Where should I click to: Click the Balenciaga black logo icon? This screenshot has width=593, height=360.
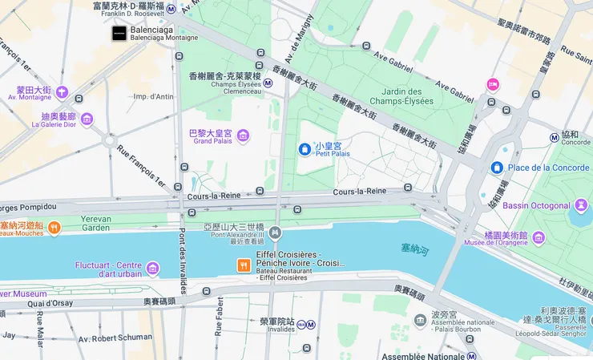coord(119,34)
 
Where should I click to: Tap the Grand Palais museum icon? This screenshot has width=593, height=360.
coord(243,136)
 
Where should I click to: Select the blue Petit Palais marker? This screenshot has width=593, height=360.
coord(305,149)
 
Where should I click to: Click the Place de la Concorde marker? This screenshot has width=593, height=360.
coord(496,167)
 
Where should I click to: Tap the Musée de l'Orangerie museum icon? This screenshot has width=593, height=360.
coord(539,237)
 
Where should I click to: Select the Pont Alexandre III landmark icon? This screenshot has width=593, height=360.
coord(275,233)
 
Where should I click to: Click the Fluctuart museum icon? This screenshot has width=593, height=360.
coord(153,269)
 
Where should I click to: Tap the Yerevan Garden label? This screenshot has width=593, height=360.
coord(95,222)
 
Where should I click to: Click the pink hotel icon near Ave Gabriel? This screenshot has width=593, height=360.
coord(493,84)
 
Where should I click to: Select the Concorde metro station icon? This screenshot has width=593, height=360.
coord(554,137)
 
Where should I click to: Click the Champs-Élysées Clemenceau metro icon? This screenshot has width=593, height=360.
coord(268,83)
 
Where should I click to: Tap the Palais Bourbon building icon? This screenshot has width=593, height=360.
coord(421,320)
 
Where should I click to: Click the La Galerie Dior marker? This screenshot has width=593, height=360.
coord(87,119)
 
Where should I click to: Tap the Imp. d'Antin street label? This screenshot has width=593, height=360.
coord(153,97)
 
